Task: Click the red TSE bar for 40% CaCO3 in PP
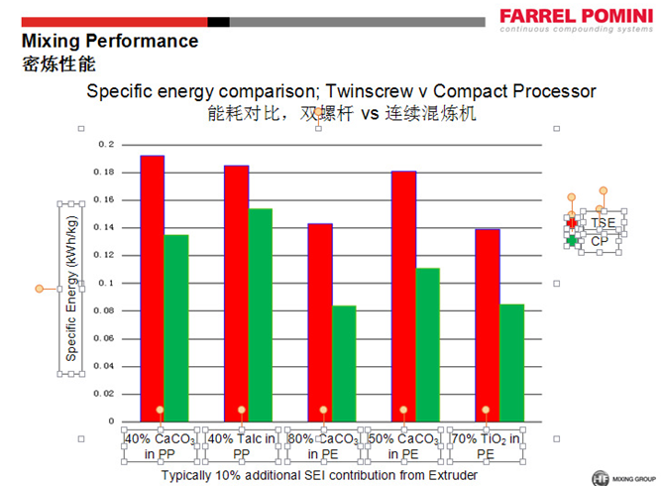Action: (152, 288)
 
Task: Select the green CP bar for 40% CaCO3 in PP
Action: (176, 327)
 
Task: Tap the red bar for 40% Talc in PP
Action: (236, 293)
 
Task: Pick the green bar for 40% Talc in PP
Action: (260, 313)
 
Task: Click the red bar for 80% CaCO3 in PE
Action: (320, 321)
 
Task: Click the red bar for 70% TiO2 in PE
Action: (488, 324)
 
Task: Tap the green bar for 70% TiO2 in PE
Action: (511, 362)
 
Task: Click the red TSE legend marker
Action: (572, 222)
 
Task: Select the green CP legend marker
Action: (572, 240)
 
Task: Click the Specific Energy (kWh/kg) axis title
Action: (72, 289)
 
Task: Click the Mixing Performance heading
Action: (110, 42)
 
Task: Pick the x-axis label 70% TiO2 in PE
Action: (486, 445)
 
